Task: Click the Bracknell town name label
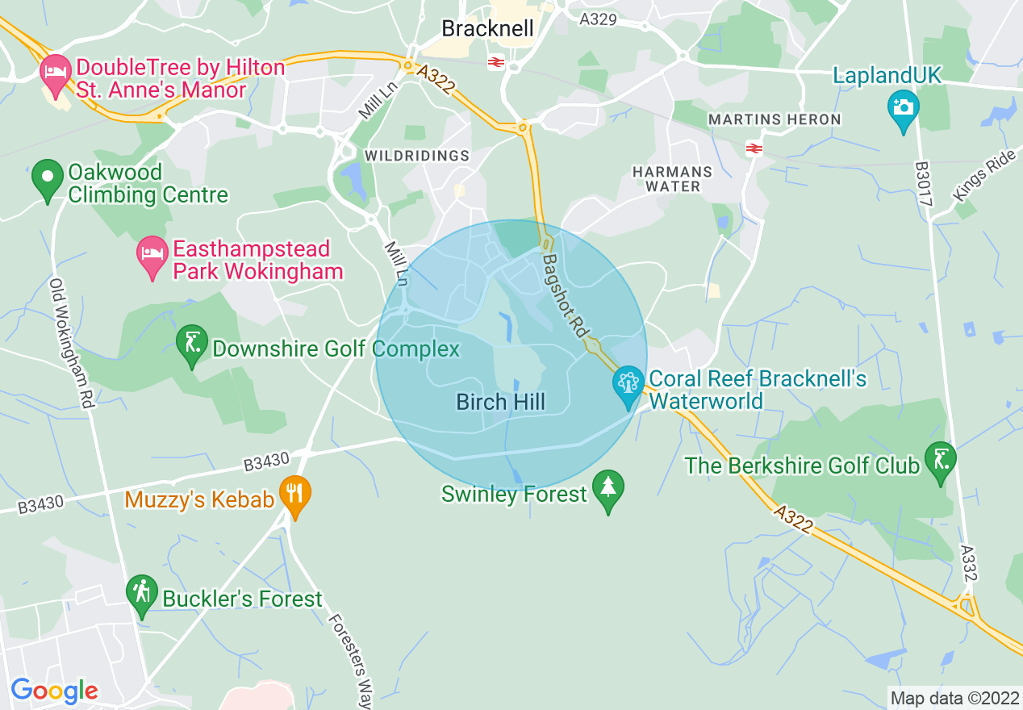pos(487,29)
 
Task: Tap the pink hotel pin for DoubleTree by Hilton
pos(55,72)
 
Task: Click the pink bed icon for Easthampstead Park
pos(152,256)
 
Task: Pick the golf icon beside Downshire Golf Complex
pos(192,346)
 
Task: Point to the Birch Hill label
pos(500,402)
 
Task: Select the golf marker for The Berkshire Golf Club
pos(940,461)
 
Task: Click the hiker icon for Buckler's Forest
pos(142,594)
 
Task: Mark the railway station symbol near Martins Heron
pos(754,148)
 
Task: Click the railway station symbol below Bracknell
pos(495,62)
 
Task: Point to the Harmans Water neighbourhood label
pos(672,179)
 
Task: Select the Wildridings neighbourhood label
pos(417,155)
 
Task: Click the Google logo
pos(54,691)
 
